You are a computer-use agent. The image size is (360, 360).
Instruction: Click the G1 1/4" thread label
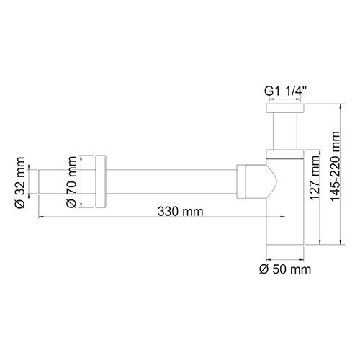285,91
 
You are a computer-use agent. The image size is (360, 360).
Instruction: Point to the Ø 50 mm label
284,269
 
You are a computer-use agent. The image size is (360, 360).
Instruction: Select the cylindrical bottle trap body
285,216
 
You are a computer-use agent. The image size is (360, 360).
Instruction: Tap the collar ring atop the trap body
285,152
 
